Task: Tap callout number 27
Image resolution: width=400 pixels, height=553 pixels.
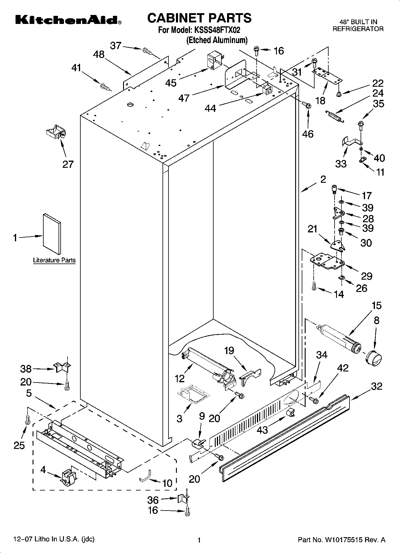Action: click(68, 164)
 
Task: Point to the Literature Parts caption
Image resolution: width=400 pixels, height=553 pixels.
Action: click(54, 260)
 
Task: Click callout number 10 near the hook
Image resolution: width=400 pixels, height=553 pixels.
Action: click(168, 483)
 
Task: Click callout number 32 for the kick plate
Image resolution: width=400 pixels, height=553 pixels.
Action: click(376, 386)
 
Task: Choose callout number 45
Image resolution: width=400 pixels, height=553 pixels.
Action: click(171, 83)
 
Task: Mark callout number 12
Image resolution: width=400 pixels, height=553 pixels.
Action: click(180, 379)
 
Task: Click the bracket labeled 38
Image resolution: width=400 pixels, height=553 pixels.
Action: click(62, 367)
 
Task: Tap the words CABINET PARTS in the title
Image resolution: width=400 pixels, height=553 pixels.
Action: click(199, 18)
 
